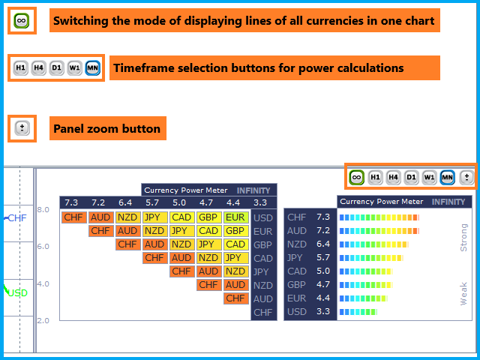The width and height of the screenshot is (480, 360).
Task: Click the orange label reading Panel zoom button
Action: pos(108,128)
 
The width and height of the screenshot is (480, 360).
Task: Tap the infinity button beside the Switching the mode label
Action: pos(22,21)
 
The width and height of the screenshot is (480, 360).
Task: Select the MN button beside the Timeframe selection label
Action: pos(93,67)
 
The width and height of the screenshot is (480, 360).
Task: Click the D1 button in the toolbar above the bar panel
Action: pos(411,177)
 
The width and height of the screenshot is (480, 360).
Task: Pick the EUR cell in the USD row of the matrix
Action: pos(236,217)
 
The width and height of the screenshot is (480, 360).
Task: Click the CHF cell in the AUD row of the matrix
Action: pos(236,298)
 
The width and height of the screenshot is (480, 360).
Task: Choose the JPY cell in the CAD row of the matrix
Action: pos(236,258)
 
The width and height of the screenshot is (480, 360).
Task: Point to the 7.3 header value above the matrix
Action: pos(71,202)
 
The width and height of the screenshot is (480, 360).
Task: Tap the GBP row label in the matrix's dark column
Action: pos(262,245)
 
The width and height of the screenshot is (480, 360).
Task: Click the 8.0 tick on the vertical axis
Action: pos(43,210)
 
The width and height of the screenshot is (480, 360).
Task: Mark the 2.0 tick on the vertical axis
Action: pos(43,320)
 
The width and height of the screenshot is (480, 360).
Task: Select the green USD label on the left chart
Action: pos(18,293)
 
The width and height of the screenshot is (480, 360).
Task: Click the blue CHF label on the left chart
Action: pos(17,218)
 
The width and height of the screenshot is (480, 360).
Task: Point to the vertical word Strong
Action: pos(463,238)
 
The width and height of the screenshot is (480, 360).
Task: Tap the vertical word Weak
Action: pos(463,293)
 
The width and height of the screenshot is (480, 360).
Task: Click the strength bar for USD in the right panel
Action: pos(358,312)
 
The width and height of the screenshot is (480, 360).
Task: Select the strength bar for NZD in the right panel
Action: pos(374,244)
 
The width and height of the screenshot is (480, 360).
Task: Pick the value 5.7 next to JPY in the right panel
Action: pos(323,257)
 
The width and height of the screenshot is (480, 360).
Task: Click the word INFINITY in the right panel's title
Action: pos(448,202)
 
